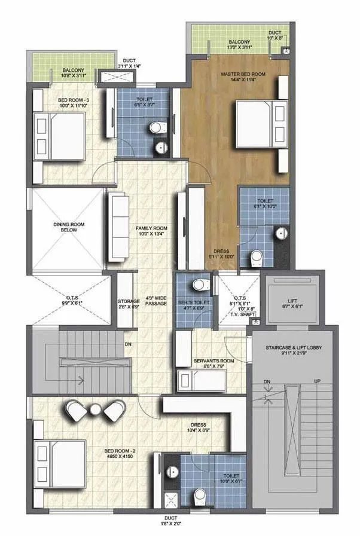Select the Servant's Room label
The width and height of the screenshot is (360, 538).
click(x=209, y=361)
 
